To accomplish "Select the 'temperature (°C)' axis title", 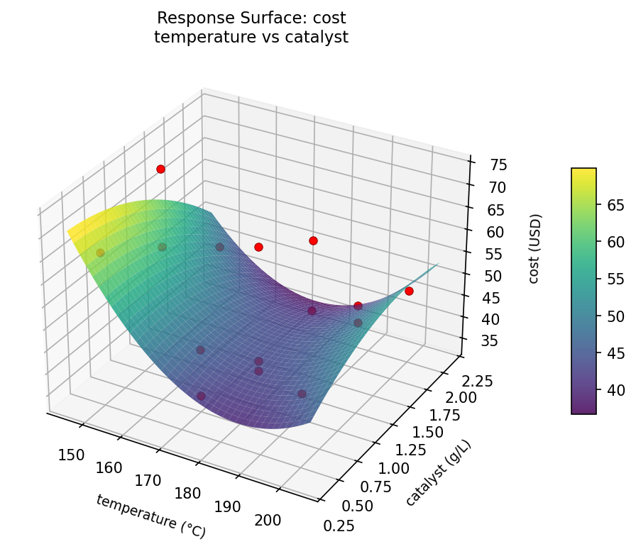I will coord(151,515).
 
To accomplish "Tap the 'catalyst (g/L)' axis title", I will coord(438,472).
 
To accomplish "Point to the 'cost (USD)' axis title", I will coord(534,248).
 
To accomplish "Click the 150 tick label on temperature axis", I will coord(71,455).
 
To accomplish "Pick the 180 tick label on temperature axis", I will coord(187,494).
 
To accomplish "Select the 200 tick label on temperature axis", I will coord(267,520).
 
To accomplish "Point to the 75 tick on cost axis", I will coord(498,165).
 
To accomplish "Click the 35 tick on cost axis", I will coord(489,341).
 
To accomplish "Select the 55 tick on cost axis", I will coord(493,254).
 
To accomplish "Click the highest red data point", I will coord(161,169).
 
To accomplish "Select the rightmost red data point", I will coord(409,291).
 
